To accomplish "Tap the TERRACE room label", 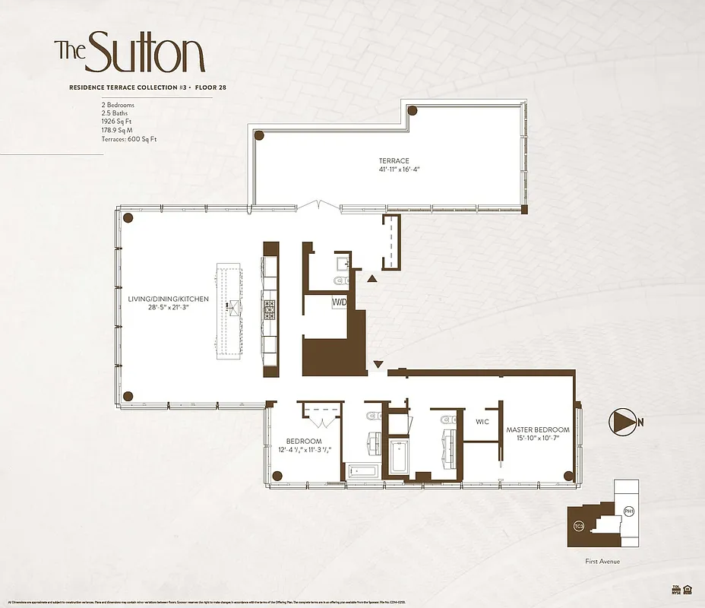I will point(394,160).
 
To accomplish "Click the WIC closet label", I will point(482,420).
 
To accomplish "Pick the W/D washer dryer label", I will point(340,302).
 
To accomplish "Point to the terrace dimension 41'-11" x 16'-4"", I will point(394,169).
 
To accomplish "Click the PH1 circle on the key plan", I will point(628,511).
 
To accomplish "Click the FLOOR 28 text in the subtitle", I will point(211,88).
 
